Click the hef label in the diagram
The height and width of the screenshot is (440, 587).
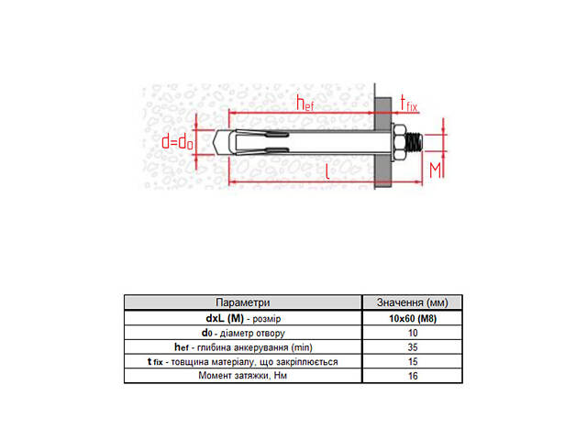point(305,103)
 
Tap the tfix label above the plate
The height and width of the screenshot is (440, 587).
point(408,104)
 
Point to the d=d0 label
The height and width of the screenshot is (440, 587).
point(177,142)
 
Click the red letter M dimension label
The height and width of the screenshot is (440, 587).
point(435,170)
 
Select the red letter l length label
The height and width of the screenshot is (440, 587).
point(327,171)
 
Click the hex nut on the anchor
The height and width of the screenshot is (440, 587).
point(400,142)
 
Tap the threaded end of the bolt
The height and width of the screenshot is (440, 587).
point(415,142)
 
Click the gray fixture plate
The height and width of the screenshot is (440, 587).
point(383,143)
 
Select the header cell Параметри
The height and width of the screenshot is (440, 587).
point(242,302)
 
